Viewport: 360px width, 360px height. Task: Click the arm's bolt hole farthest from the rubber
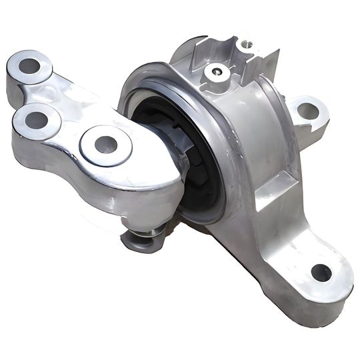coord(30,65)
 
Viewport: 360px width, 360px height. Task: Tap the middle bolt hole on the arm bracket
coord(37,121)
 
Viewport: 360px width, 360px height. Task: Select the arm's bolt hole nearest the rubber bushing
coord(105,143)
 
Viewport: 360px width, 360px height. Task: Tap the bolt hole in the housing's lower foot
coord(321,272)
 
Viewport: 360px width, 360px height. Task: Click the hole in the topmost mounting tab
coord(246,44)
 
